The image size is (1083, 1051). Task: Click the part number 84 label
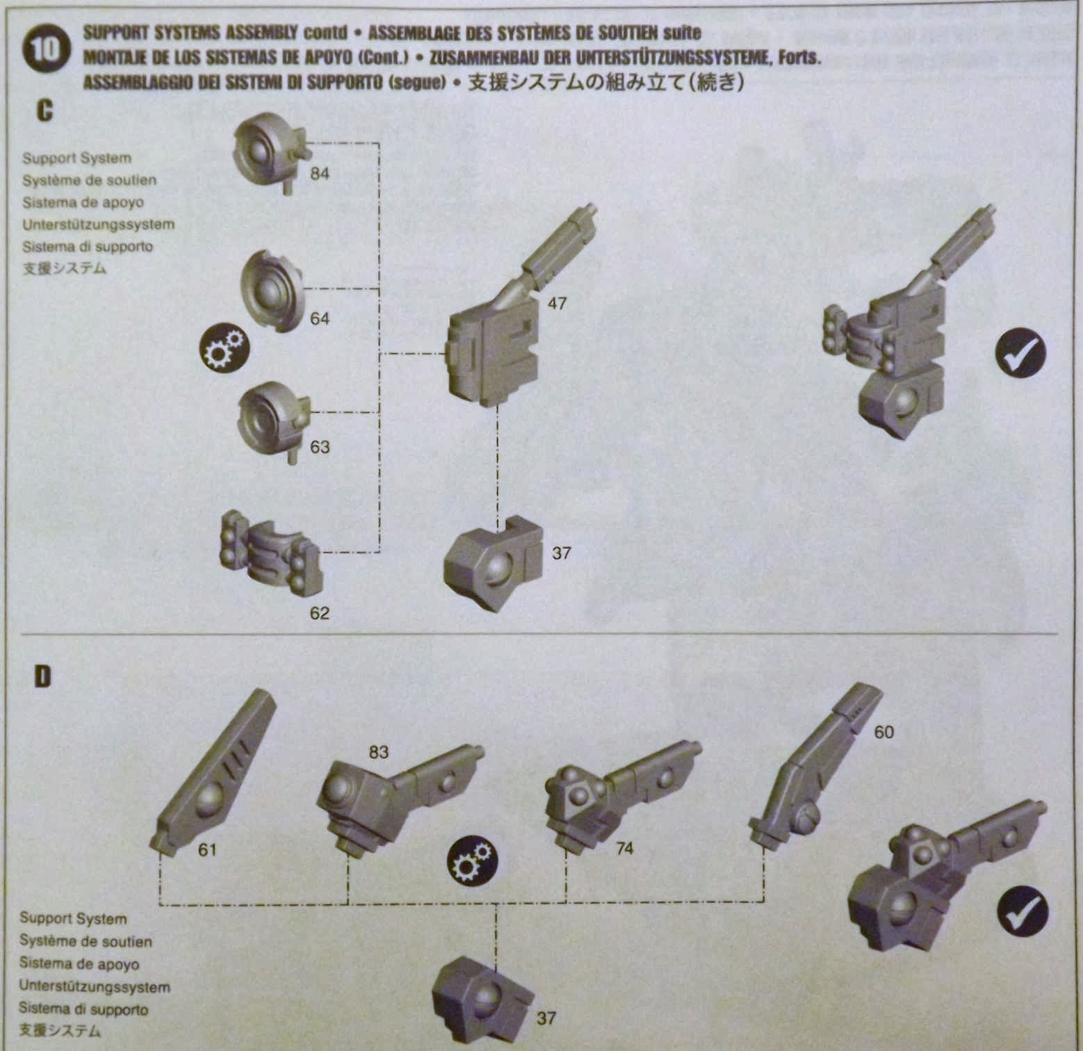[x=319, y=174]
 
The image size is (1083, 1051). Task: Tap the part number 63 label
[x=319, y=447]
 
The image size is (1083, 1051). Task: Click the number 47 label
[x=557, y=304]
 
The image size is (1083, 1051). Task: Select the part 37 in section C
[x=494, y=563]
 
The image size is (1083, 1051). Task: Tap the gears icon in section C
[x=223, y=348]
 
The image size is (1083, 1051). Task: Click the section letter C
[x=44, y=111]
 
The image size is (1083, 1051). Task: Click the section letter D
[x=43, y=676]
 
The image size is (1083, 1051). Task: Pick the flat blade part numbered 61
[x=212, y=772]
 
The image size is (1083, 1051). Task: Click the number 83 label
[x=378, y=753]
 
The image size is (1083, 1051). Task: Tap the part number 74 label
[x=624, y=848]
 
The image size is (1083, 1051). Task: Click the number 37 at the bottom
[x=546, y=1018]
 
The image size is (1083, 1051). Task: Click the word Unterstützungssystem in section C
[x=98, y=225]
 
